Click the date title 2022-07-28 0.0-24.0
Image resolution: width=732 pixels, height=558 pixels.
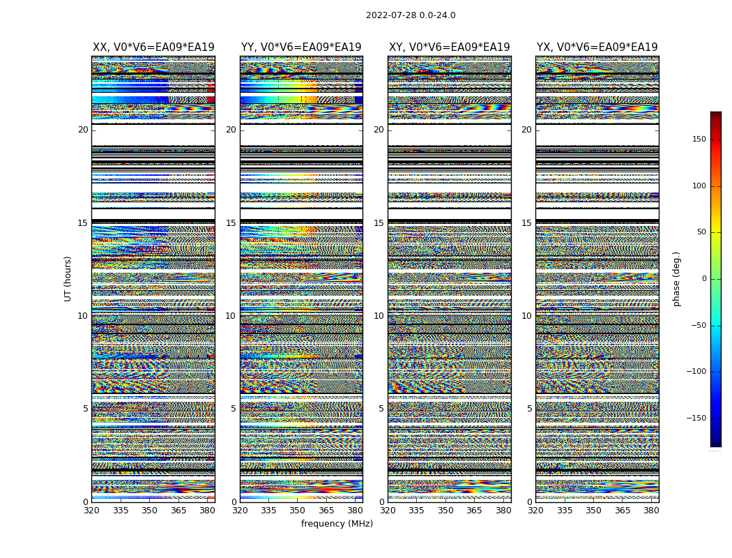click(411, 15)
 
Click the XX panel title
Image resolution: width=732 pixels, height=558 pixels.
click(153, 47)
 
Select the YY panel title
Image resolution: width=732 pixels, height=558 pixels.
click(301, 47)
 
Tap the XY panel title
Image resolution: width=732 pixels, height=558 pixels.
click(449, 47)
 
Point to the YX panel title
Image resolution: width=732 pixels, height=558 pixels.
click(597, 47)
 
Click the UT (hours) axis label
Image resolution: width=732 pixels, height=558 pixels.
click(68, 278)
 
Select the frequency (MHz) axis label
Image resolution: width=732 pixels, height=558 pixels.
click(337, 524)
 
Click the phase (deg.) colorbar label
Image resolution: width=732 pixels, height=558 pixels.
click(676, 278)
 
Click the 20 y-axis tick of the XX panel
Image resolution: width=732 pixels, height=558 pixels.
click(83, 130)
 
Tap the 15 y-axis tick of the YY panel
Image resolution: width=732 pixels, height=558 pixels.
click(231, 223)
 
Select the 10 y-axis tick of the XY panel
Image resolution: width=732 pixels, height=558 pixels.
click(379, 316)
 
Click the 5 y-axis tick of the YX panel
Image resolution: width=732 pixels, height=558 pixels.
click(529, 409)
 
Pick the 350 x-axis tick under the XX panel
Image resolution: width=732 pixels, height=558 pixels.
click(149, 511)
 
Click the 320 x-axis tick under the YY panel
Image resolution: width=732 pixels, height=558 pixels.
click(240, 511)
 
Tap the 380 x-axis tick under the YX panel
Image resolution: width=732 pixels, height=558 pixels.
click(651, 511)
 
